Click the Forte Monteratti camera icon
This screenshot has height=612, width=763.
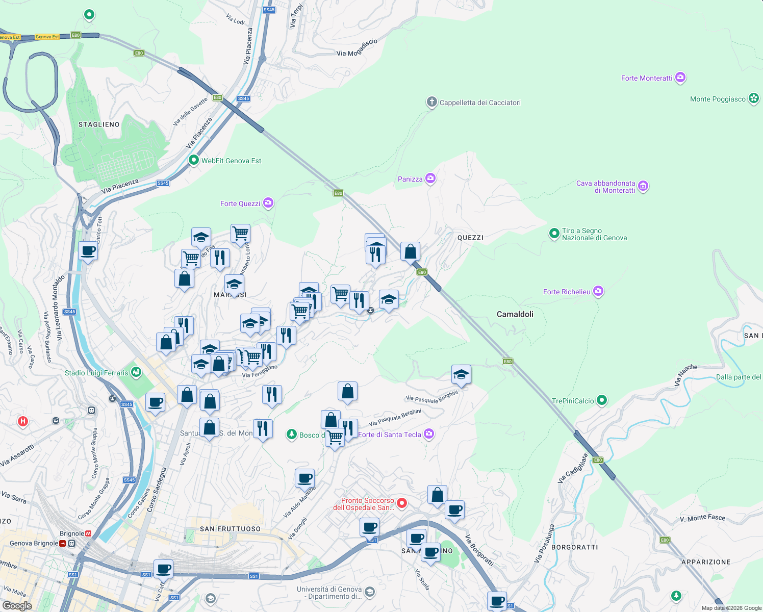coord(680,78)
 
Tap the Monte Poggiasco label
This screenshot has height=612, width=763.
coord(718,99)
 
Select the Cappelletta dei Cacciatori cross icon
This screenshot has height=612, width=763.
coord(431,102)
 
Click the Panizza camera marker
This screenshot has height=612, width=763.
coord(430,178)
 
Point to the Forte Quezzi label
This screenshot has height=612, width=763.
coord(240,203)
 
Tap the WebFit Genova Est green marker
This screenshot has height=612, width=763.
coord(193,160)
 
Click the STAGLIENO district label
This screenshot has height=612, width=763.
coord(99,124)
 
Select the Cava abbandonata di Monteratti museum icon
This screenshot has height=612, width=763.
coord(643,186)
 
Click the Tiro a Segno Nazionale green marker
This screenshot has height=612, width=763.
coord(554,234)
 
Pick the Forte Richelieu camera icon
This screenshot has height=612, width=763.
coord(598,291)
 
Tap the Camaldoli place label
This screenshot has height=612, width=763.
coord(515,314)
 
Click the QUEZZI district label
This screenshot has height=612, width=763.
coord(470,238)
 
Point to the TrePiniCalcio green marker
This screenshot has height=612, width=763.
coord(602,400)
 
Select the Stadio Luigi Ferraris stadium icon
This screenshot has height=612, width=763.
coord(136,372)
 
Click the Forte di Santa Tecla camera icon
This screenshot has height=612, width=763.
coord(429,434)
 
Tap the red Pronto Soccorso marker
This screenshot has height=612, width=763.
coord(402,503)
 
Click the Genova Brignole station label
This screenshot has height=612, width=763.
coord(34,543)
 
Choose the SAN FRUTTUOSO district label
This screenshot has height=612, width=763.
coord(230,529)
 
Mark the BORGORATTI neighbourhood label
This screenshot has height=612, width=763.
coord(574,547)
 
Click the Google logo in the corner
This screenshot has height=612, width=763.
coord(17,605)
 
